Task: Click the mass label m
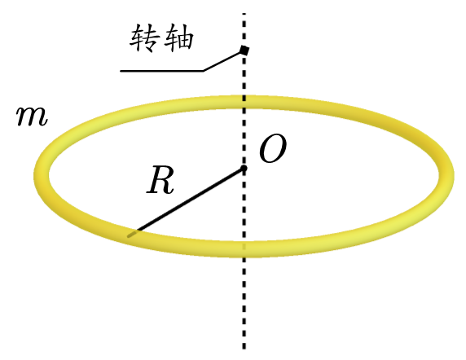point(32,116)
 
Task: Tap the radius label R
point(160,180)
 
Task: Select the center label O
point(273,148)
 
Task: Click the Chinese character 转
point(143,38)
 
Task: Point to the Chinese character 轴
point(179,38)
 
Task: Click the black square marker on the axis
point(244,50)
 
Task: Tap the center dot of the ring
point(244,169)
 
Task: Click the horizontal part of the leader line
point(162,71)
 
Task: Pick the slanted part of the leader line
point(223,61)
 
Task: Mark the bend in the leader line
point(204,71)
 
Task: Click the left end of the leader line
point(121,71)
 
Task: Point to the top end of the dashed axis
point(244,14)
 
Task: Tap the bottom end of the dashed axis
point(244,349)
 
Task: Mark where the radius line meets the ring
point(133,235)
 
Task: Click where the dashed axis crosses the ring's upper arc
point(244,102)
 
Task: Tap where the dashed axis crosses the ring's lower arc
point(244,248)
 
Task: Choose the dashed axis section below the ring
point(244,303)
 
